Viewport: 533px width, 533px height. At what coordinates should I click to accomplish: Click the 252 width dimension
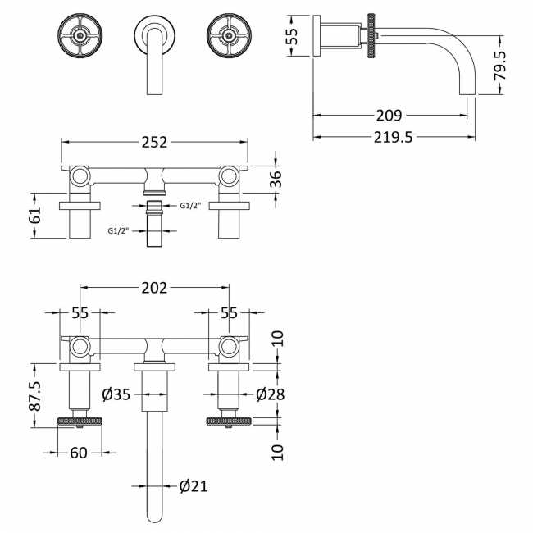[x=155, y=143]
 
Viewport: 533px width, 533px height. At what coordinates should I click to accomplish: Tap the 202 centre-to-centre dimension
[x=155, y=288]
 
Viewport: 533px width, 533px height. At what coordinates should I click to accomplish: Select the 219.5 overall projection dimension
[x=394, y=137]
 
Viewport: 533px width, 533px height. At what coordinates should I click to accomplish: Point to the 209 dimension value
[x=389, y=116]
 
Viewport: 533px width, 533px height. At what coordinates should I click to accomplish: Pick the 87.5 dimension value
[x=34, y=396]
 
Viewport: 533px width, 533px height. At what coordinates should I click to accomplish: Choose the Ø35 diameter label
[x=116, y=394]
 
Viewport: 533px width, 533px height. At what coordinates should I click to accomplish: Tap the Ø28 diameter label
[x=271, y=394]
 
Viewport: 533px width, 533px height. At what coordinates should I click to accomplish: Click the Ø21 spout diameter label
[x=194, y=486]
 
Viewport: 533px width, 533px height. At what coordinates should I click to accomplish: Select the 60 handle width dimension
[x=79, y=453]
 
